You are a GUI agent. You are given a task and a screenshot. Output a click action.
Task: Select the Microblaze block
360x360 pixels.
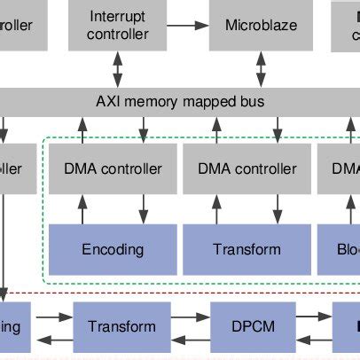coord(261,26)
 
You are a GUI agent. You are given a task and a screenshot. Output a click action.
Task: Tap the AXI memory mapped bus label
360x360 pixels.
coord(180,101)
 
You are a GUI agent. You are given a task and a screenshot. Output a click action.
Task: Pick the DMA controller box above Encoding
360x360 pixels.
coord(113,169)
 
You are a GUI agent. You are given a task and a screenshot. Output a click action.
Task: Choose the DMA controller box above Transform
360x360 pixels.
coord(247,169)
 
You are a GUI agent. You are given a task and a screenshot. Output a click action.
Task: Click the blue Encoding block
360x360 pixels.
coord(113,249)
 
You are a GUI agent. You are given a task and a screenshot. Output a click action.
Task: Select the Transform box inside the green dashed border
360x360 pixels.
coord(247,249)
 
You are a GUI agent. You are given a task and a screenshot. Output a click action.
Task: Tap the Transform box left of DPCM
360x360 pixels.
coord(121,326)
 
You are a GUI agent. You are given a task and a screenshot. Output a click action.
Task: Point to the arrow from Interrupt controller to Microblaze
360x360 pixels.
coord(188,26)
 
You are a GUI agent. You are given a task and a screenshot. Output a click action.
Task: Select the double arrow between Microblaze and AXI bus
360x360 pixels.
coord(261,68)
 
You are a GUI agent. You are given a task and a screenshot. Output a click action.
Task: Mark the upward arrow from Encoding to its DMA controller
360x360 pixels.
coord(83,210)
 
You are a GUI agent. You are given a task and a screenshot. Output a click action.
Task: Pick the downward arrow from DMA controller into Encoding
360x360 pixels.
coord(142,210)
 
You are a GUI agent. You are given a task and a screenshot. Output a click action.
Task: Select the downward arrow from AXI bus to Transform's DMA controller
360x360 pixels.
coord(276,130)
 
